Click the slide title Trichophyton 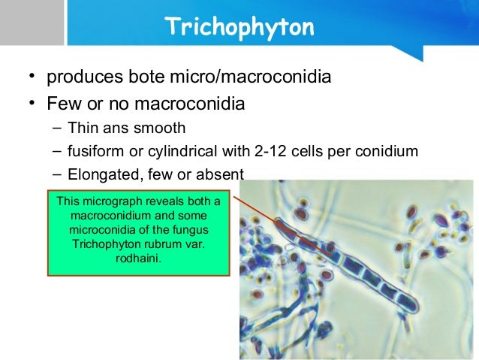[x=239, y=27]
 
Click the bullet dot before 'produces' [x=32, y=78]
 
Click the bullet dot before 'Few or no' [x=32, y=103]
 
